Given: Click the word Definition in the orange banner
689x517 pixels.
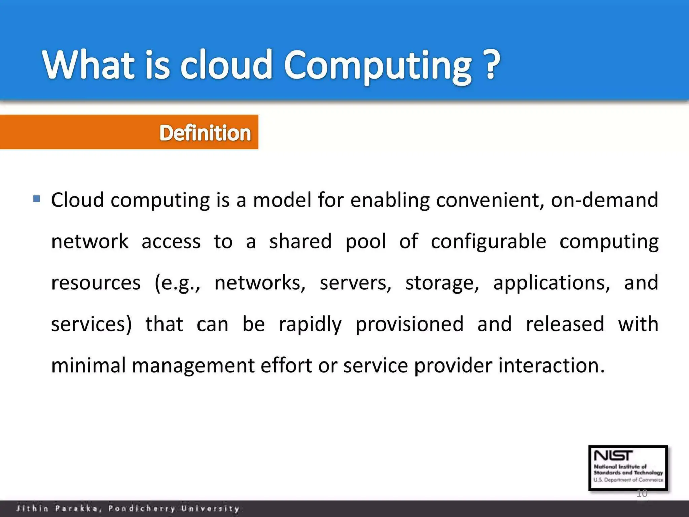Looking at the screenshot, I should click(205, 133).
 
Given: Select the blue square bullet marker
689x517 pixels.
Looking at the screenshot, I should click(37, 198).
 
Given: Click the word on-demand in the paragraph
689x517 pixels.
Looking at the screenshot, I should click(604, 200).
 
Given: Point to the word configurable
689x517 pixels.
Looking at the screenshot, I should click(488, 242).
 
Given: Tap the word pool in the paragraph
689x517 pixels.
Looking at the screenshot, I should click(365, 242).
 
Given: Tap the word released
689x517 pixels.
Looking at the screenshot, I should click(565, 324).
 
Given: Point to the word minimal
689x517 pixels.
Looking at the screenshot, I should click(88, 366).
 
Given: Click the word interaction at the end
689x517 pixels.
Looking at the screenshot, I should click(551, 366).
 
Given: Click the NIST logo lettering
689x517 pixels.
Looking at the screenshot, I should click(613, 456).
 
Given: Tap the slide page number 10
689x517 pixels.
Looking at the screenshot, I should click(642, 493).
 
